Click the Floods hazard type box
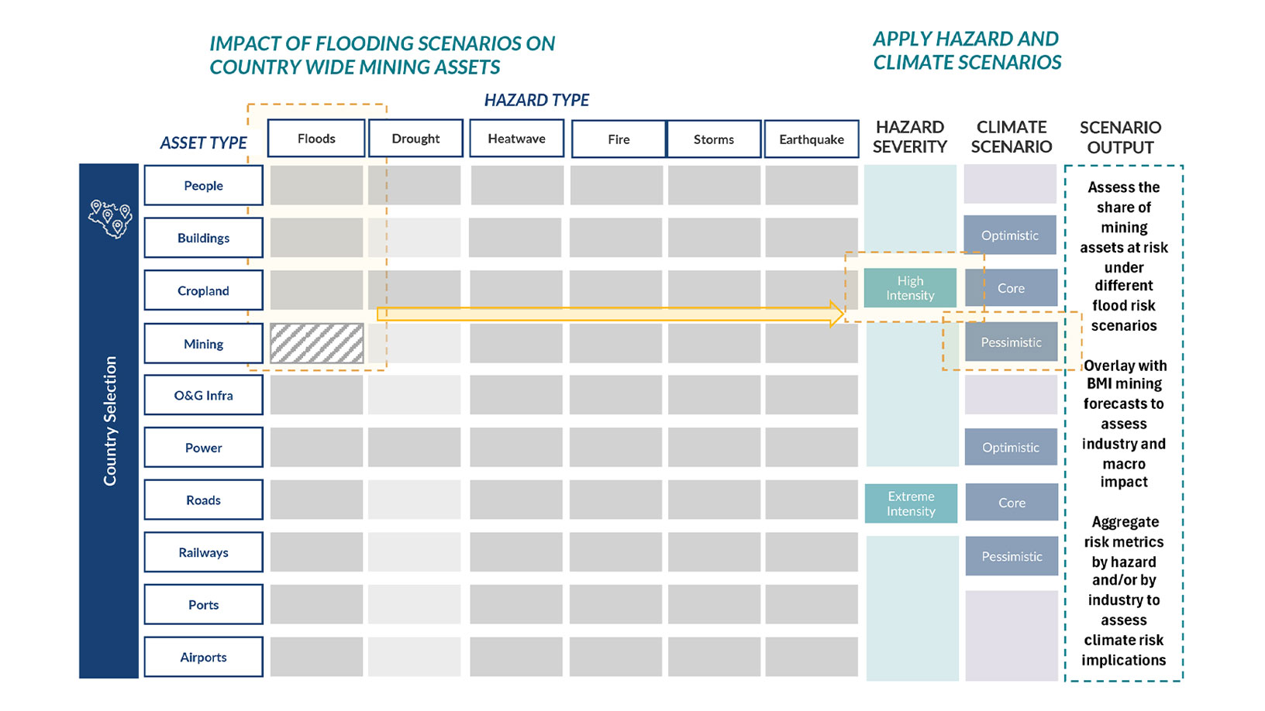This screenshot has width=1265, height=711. (x=316, y=139)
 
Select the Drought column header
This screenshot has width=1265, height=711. (x=415, y=139)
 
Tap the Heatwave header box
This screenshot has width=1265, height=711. (x=516, y=139)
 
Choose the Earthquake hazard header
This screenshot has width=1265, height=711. (x=812, y=139)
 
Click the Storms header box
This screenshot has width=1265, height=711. (x=714, y=139)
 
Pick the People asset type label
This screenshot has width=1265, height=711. (x=203, y=186)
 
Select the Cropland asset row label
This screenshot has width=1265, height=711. (x=203, y=290)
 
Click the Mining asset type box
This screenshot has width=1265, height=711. (x=203, y=344)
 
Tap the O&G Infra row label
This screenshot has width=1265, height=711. (x=203, y=396)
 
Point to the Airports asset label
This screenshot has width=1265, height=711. (x=203, y=658)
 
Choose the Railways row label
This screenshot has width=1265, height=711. (x=203, y=552)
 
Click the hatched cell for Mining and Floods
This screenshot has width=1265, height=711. (x=316, y=343)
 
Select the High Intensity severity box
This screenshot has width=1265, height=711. (x=910, y=288)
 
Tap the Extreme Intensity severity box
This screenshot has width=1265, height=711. (x=911, y=503)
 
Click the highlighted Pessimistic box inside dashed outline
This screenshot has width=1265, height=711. (x=1011, y=342)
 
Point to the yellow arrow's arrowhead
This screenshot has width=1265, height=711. (x=836, y=314)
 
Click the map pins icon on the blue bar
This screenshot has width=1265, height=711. (x=109, y=218)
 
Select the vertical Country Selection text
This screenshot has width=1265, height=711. (x=110, y=421)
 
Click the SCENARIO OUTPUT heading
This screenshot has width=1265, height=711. (x=1120, y=137)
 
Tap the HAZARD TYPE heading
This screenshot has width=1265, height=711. (x=536, y=100)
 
